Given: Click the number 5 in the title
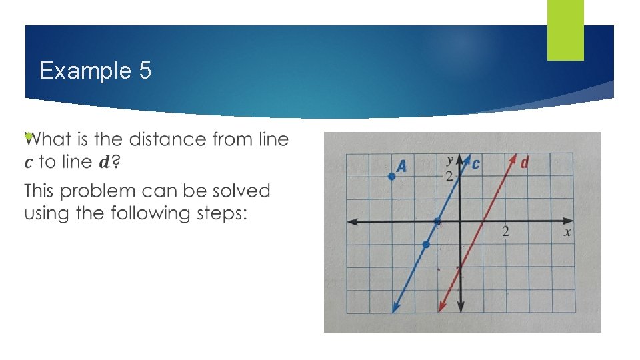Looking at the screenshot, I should coord(145,71).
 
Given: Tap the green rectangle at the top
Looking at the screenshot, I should coord(565,29).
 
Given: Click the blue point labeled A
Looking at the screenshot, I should coord(392,176).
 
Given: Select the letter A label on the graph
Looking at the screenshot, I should coord(401,166).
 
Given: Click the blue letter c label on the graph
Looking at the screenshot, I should coord(476,163).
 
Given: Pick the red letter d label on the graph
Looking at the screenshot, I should coord(525,163).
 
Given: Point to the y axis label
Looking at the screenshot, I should coord(450,160).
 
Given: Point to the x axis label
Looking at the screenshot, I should coord(567,232).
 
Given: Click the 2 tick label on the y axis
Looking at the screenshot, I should coord(449,176).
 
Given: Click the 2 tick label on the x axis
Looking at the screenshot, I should coord(505,232).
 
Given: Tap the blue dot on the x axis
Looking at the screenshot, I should coord(437,221).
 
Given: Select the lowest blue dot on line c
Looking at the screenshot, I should coord(426,245).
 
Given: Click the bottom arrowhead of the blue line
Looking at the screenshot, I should coord(395,308).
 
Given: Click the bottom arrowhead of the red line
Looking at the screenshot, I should coord(440,308).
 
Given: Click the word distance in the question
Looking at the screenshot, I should coord(167,139).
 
